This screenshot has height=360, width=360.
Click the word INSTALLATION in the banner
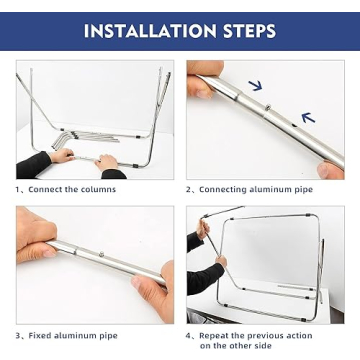150,31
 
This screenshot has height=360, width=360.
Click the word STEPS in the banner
250,31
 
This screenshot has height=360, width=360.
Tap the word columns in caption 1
99,189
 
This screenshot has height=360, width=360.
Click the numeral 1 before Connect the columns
18,189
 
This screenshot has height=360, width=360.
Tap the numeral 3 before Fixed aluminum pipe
18,335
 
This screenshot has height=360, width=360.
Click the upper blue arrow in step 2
255,86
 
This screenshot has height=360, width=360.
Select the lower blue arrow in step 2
308,117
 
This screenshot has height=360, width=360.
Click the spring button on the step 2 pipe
268,107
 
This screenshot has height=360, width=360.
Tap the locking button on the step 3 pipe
101,254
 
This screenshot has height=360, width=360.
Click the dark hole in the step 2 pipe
294,126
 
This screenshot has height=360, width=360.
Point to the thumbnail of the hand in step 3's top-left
35,235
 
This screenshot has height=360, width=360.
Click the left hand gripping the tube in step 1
62,155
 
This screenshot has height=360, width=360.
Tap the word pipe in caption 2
302,190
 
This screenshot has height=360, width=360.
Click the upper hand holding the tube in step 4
203,229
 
